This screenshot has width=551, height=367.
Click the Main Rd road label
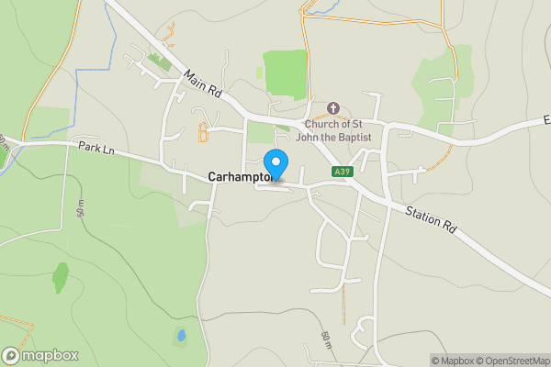(203, 86)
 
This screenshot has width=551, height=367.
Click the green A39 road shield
(341, 172)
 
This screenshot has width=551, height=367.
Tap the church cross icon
(333, 107)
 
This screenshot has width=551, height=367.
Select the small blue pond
(181, 335)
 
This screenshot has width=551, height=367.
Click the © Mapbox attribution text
(452, 361)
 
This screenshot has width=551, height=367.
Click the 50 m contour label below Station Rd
(325, 340)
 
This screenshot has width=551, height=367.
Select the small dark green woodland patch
(61, 275)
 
